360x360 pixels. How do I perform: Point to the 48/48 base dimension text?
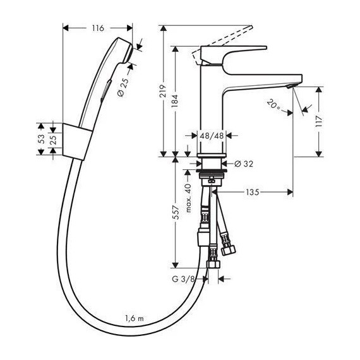(x=210, y=135)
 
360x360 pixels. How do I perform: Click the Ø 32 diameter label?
(x=243, y=164)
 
